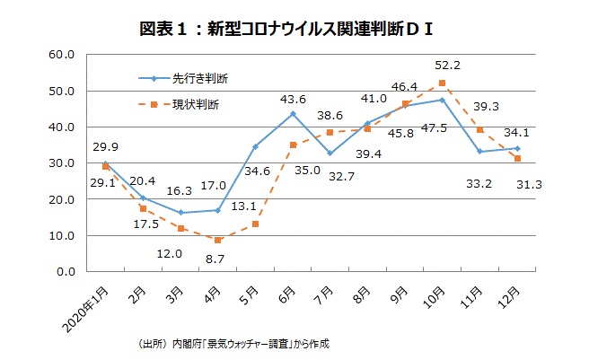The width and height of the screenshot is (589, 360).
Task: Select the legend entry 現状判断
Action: [x=199, y=105]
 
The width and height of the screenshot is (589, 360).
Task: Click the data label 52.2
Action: [x=447, y=65]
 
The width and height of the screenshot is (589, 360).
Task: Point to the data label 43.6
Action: [x=293, y=99]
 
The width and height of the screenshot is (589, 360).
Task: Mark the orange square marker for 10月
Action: [x=442, y=83]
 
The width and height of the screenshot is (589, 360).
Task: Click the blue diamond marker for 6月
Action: [x=293, y=114]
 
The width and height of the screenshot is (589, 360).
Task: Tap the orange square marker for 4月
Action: [x=217, y=241]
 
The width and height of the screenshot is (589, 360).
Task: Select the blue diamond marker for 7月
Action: [x=330, y=154]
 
